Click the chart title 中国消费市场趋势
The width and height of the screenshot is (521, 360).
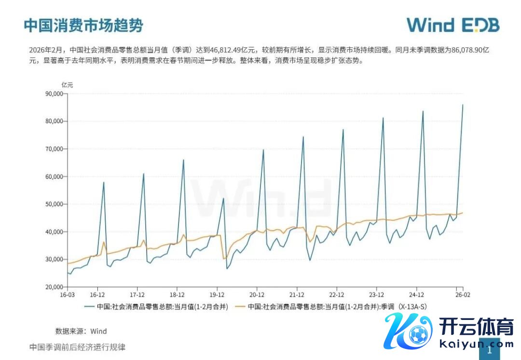pyautogui.click(x=83, y=26)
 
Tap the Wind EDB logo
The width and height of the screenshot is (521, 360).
pyautogui.click(x=452, y=25)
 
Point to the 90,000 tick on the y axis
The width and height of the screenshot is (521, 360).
pyautogui.click(x=54, y=94)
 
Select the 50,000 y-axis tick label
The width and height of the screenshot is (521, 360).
pyautogui.click(x=54, y=204)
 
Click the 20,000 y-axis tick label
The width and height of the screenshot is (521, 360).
pyautogui.click(x=54, y=287)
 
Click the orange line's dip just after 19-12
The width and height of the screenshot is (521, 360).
pyautogui.click(x=224, y=259)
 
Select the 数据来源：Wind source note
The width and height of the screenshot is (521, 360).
pyautogui.click(x=81, y=331)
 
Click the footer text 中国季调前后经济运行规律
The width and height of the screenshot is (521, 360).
pyautogui.click(x=77, y=347)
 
